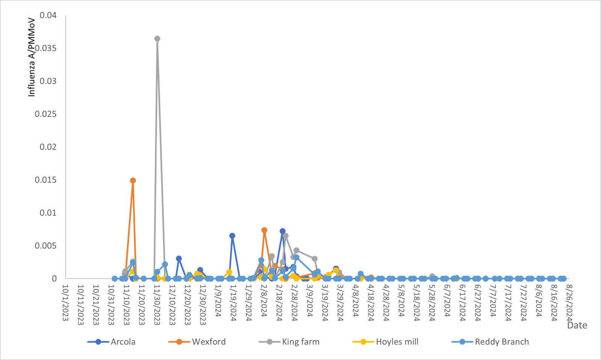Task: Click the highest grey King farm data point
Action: coord(157,39)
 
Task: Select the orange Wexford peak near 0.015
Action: coord(133,180)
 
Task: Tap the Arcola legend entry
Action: coord(123,342)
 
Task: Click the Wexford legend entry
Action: coord(208,342)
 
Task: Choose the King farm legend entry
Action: coord(300,342)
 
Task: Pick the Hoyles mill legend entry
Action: coord(397,342)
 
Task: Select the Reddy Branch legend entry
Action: coord(502,342)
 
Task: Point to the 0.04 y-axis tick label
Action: coord(48,15)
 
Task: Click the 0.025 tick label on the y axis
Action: coord(46,114)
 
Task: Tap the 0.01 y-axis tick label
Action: coord(48,213)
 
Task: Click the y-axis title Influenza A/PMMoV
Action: coord(32,56)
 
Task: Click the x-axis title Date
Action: coord(577,325)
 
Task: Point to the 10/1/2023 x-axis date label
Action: coord(65,303)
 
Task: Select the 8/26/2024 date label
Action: coord(569,303)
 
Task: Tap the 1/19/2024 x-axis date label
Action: coord(233,303)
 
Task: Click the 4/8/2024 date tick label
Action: coord(356,301)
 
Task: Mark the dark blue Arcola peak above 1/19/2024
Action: coord(232,236)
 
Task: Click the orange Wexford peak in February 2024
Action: coord(264,230)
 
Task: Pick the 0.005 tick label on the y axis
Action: coord(46,246)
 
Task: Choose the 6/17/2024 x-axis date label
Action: coord(462,303)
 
